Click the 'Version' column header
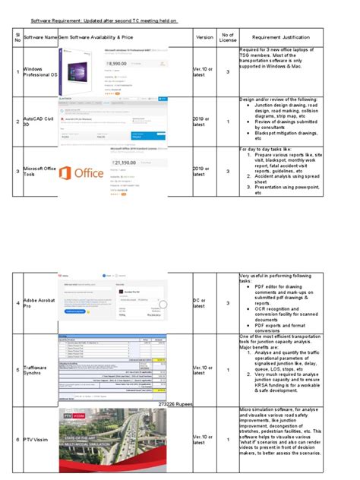204,36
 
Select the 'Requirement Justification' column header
283,36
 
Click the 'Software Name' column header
40,36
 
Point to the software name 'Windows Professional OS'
40,72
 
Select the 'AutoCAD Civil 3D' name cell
40,122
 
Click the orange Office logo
81,172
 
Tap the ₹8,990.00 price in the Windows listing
116,65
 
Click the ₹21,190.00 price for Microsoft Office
124,163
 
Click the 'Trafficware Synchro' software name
39,370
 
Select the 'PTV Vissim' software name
38,440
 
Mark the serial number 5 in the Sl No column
17,370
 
